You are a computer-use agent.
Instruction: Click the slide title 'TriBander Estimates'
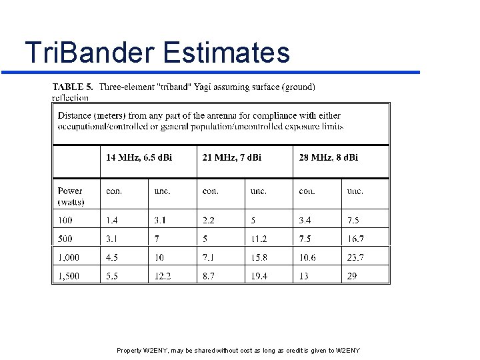click(x=157, y=52)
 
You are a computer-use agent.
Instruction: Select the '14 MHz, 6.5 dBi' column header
click(x=139, y=157)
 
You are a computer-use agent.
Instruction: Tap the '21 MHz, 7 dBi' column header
click(x=232, y=157)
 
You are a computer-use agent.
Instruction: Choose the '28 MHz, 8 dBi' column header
click(x=328, y=157)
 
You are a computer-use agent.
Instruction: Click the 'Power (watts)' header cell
click(x=71, y=196)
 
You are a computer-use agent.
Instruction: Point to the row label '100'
click(x=65, y=220)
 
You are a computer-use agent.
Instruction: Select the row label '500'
click(x=65, y=239)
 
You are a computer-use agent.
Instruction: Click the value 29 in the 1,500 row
click(x=352, y=275)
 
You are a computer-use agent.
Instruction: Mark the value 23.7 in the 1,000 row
click(x=355, y=257)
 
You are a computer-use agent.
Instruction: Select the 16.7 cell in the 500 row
click(x=355, y=239)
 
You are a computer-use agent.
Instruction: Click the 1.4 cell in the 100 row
click(x=112, y=220)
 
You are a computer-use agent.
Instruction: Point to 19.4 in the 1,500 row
click(x=259, y=275)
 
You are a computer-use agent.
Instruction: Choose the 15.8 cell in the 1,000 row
click(x=259, y=257)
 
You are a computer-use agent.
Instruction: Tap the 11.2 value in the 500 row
click(x=259, y=239)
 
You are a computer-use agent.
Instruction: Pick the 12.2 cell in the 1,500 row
click(x=163, y=275)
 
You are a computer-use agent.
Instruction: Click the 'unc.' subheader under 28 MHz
click(x=355, y=191)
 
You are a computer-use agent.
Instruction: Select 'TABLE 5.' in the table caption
click(x=73, y=87)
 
